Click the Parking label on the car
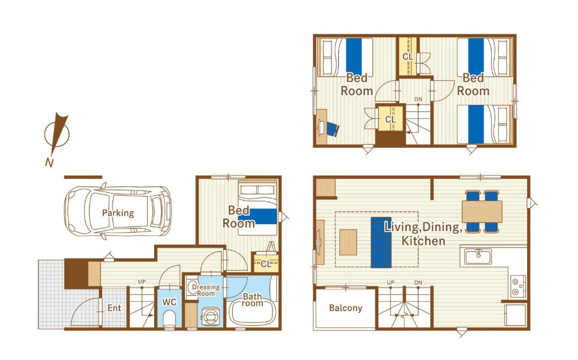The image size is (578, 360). (x=118, y=213)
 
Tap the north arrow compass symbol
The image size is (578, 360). (x=57, y=134)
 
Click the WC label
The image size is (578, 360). (x=170, y=302)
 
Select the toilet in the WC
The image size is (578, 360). (x=170, y=319)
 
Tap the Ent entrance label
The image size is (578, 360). (x=115, y=308)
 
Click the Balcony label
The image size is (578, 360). (x=345, y=308)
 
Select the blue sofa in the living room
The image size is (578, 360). (x=381, y=242)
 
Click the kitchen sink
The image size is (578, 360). (x=478, y=256)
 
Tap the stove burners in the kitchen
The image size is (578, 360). (x=518, y=287)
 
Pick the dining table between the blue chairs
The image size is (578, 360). (x=482, y=211)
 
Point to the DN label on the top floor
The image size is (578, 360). (x=418, y=99)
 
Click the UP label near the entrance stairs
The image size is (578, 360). (x=142, y=281)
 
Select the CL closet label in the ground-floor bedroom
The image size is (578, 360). (x=266, y=264)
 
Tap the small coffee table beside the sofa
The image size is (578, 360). (x=348, y=242)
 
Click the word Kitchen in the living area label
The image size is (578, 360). (x=423, y=241)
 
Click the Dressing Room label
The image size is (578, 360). (x=206, y=290)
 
